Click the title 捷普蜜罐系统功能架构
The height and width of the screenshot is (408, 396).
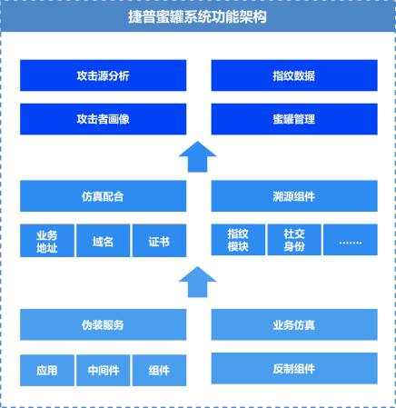pyautogui.click(x=197, y=17)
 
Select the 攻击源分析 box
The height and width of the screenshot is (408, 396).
pyautogui.click(x=104, y=75)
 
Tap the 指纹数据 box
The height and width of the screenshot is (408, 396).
pyautogui.click(x=294, y=75)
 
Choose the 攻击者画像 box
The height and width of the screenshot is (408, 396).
pyautogui.click(x=104, y=119)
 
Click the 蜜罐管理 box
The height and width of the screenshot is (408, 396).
pyautogui.click(x=294, y=119)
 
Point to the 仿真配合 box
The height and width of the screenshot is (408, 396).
pyautogui.click(x=104, y=196)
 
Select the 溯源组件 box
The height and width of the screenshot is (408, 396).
pyautogui.click(x=294, y=196)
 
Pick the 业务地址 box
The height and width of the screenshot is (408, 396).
pyautogui.click(x=47, y=241)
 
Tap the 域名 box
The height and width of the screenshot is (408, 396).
pyautogui.click(x=104, y=241)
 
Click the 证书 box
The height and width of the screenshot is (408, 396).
pyautogui.click(x=160, y=241)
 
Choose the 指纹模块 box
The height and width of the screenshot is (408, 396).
pyautogui.click(x=238, y=240)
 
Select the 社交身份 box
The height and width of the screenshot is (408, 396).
pyautogui.click(x=294, y=240)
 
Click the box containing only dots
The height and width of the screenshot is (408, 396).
pyautogui.click(x=351, y=240)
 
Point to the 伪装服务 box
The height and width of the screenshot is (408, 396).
pyautogui.click(x=104, y=324)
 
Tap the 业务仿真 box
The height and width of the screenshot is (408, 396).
pyautogui.click(x=294, y=324)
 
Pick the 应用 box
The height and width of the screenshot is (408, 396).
pyautogui.click(x=47, y=371)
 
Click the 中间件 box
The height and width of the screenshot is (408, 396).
pyautogui.click(x=104, y=371)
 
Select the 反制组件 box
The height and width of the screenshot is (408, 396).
pyautogui.click(x=294, y=368)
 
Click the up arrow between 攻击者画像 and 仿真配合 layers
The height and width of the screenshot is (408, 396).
pyautogui.click(x=197, y=157)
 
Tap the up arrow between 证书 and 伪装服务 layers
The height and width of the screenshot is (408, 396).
pyautogui.click(x=197, y=283)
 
